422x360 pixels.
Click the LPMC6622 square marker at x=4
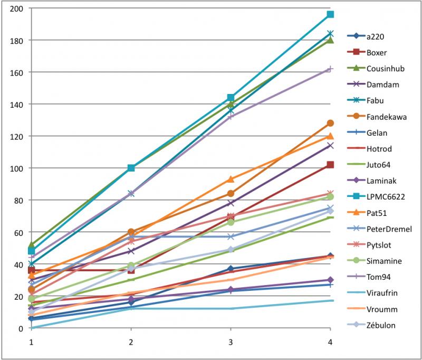click(330, 14)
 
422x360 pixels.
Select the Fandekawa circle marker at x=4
click(330, 123)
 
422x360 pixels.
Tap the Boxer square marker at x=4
click(330, 165)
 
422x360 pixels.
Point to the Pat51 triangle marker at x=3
click(231, 179)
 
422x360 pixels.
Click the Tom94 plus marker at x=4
click(330, 69)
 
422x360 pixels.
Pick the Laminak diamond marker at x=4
click(330, 280)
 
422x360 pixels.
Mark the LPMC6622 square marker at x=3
click(231, 98)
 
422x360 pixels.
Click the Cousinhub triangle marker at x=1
click(31, 245)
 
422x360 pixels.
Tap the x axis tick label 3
click(231, 342)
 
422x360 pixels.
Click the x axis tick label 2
click(131, 342)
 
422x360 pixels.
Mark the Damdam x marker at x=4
click(330, 145)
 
